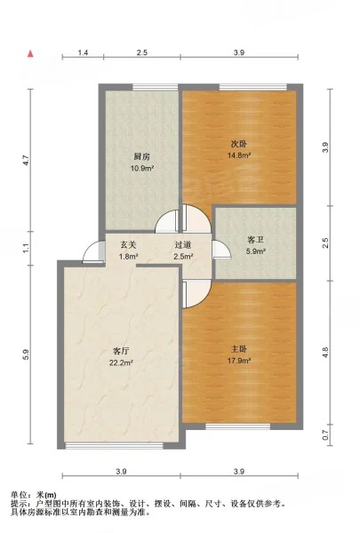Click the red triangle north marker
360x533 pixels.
pyautogui.click(x=30, y=53)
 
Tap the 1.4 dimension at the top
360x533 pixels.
pyautogui.click(x=83, y=52)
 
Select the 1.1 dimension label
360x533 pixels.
pyautogui.click(x=26, y=248)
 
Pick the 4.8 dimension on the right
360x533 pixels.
pyautogui.click(x=325, y=353)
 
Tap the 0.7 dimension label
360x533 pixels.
pyautogui.click(x=325, y=435)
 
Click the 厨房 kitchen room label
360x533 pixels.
pyautogui.click(x=142, y=156)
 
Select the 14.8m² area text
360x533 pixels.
pyautogui.click(x=239, y=155)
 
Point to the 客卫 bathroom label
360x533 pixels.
pyautogui.click(x=255, y=240)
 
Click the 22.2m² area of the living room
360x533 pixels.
pyautogui.click(x=121, y=363)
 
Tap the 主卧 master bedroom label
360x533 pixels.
pyautogui.click(x=239, y=349)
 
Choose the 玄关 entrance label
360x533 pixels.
pyautogui.click(x=128, y=244)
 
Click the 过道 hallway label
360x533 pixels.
pyautogui.click(x=183, y=244)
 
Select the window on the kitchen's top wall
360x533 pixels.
pyautogui.click(x=156, y=87)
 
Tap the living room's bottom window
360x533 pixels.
pyautogui.click(x=114, y=445)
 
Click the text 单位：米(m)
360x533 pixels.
pyautogui.click(x=34, y=495)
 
